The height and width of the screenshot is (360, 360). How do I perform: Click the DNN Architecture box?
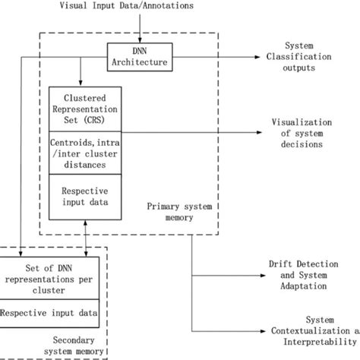point(139,55)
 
